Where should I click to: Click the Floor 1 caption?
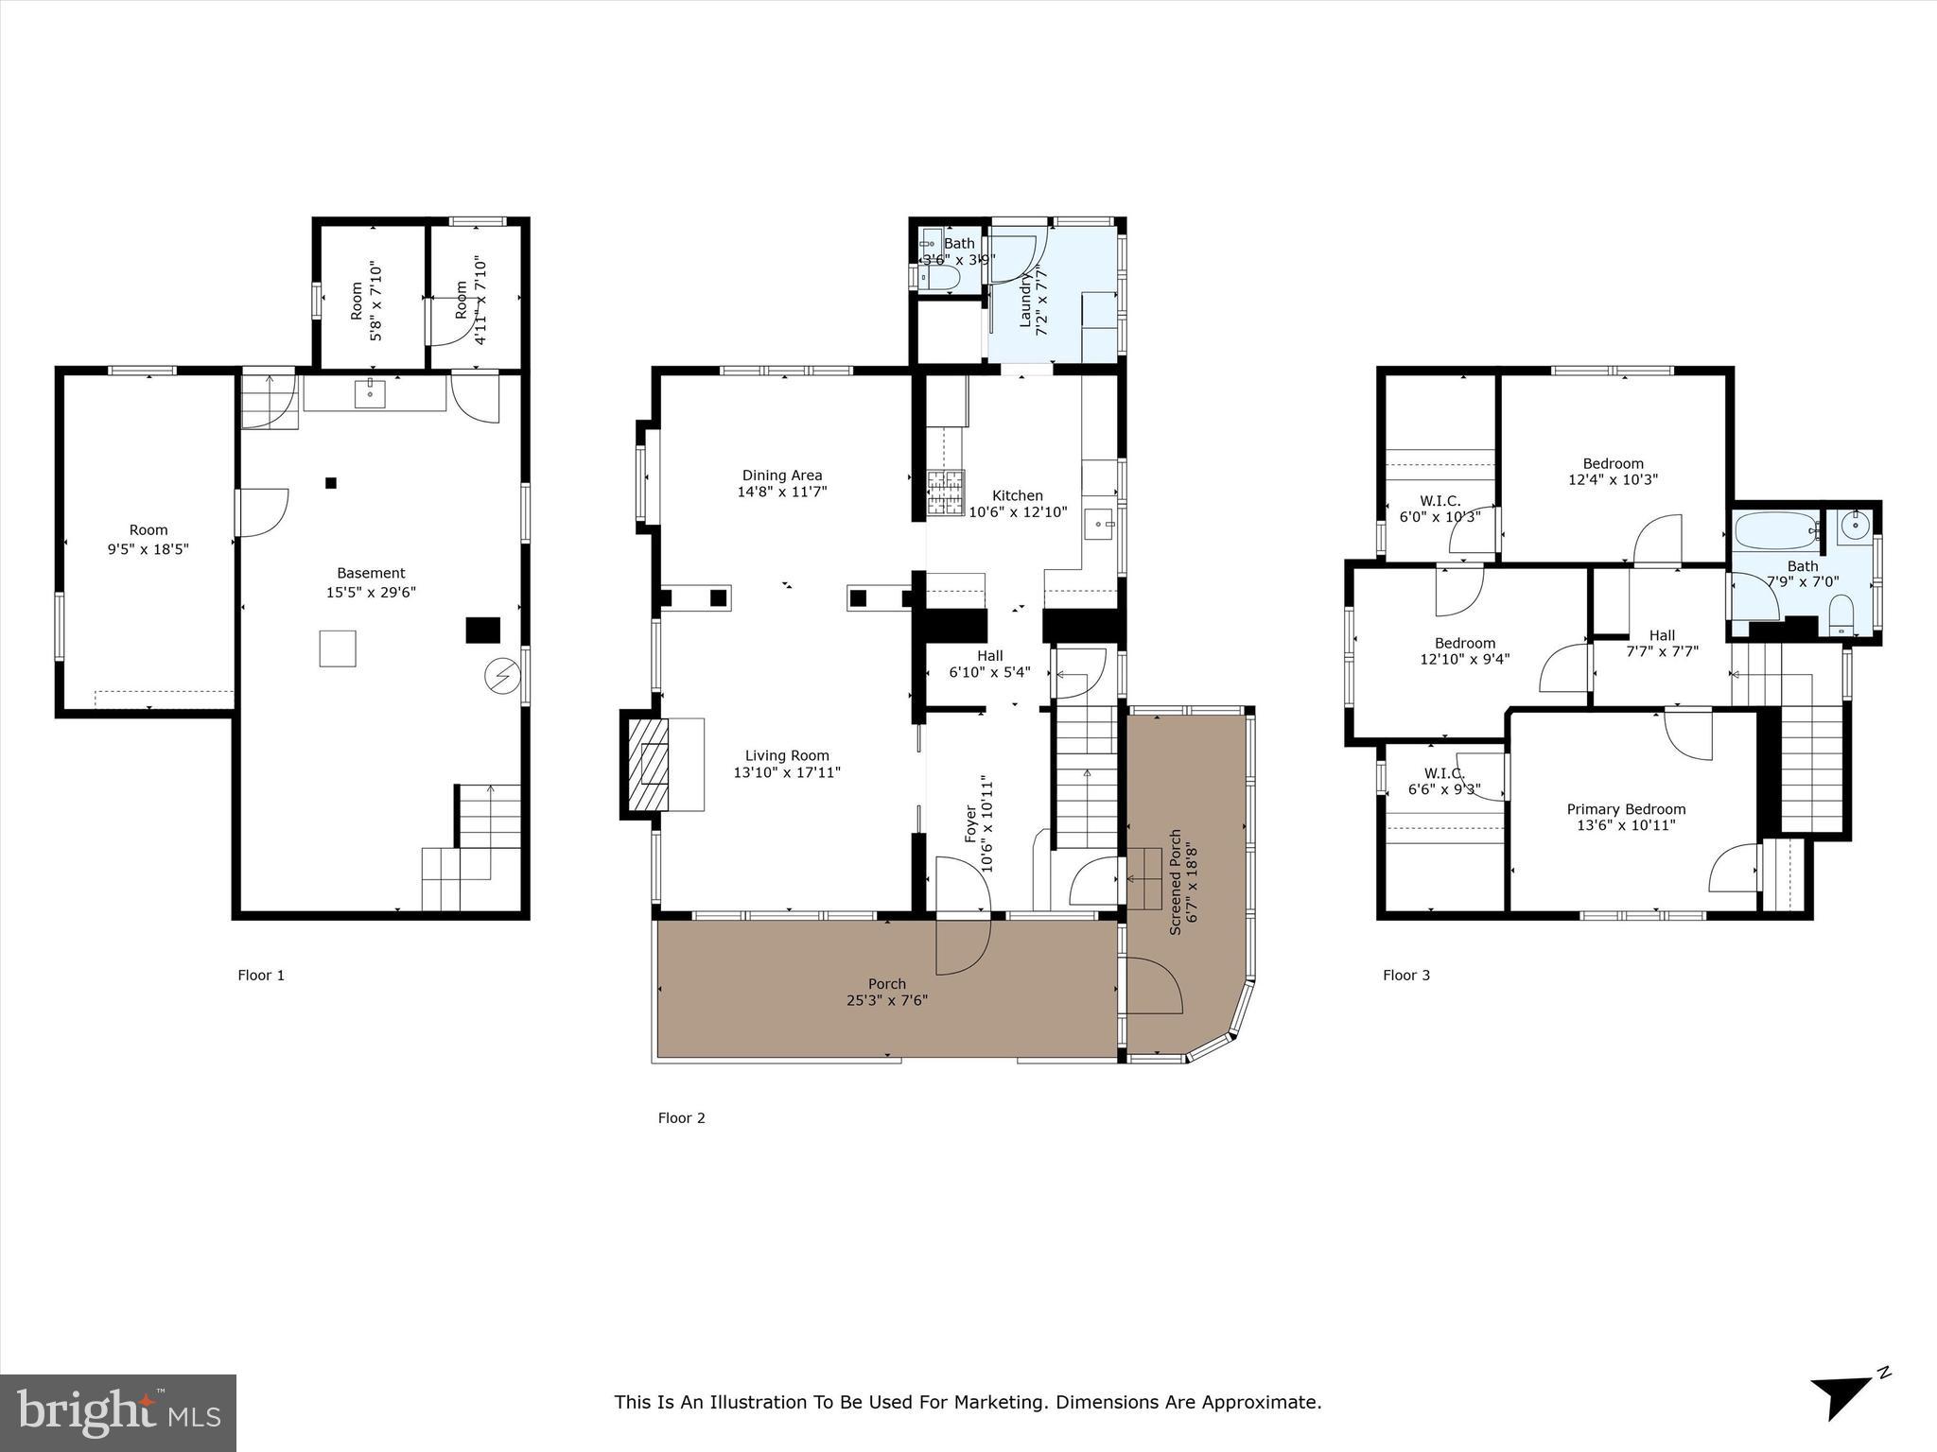[261, 975]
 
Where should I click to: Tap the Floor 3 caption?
[1406, 975]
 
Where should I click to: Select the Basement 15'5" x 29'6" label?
[371, 582]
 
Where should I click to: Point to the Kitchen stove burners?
[946, 493]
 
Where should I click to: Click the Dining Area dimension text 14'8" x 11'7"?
[782, 492]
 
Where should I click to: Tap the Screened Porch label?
[1176, 882]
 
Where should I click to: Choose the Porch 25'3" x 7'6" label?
[886, 992]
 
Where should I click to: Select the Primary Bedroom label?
[1626, 809]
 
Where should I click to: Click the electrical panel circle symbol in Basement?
[500, 675]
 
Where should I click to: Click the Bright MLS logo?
[118, 1412]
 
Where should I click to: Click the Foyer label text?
[970, 823]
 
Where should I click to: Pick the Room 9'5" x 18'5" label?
[148, 539]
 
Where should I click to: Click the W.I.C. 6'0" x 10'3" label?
[1440, 509]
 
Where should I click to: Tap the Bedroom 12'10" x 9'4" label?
[1464, 650]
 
